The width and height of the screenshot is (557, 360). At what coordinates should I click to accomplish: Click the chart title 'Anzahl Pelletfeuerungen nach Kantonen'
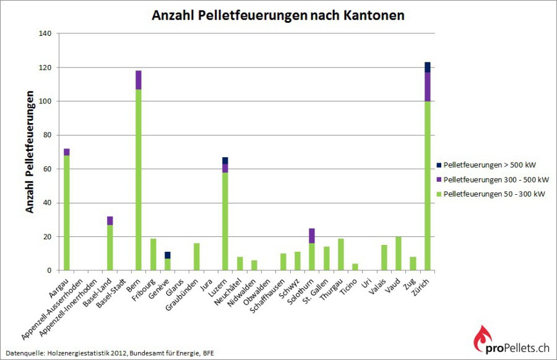(278, 15)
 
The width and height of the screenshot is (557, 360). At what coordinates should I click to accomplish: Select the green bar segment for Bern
(139, 179)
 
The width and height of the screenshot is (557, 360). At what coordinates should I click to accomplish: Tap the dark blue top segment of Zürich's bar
(427, 67)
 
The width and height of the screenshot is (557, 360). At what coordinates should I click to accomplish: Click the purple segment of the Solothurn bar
(312, 236)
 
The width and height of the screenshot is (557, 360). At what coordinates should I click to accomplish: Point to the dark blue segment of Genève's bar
(167, 255)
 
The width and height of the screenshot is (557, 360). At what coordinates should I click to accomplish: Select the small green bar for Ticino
(355, 267)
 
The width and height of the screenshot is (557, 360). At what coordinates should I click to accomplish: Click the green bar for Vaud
(399, 254)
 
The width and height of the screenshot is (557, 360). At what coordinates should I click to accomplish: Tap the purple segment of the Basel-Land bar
(110, 220)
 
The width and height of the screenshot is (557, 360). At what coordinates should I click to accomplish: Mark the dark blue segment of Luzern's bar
(225, 160)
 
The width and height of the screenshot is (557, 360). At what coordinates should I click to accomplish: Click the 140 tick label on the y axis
(45, 33)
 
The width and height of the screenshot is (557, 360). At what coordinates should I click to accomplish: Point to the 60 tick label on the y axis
(47, 169)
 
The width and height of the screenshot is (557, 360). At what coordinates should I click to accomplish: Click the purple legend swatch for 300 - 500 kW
(439, 180)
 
